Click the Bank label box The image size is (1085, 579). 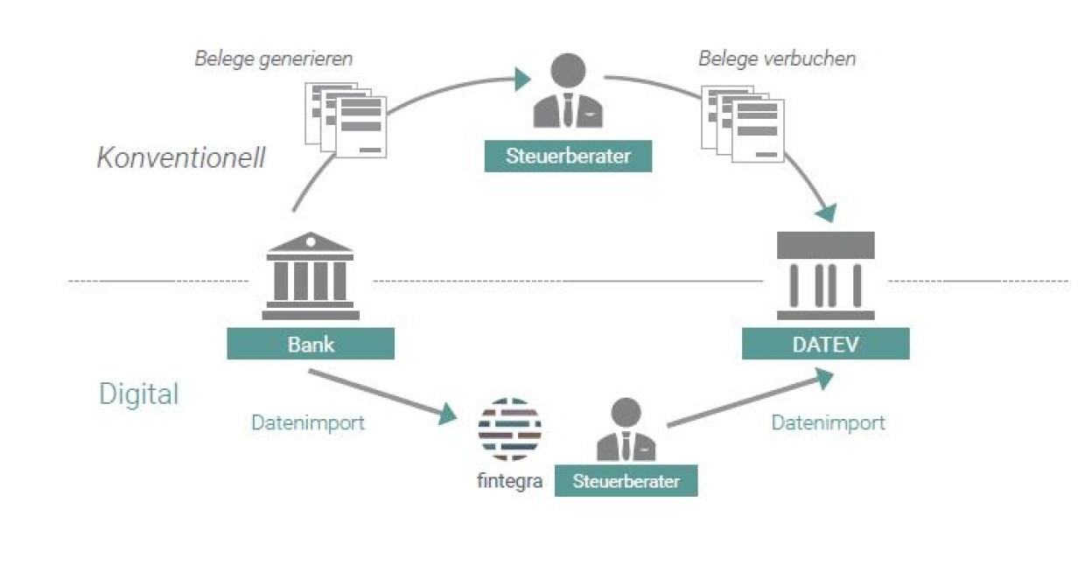[x=311, y=344]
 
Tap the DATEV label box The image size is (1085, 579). [x=825, y=344]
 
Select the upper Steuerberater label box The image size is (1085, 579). [x=568, y=157]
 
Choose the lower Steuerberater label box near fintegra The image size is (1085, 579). [x=626, y=481]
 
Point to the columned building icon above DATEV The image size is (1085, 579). [x=825, y=276]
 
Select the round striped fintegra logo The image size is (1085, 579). [x=509, y=429]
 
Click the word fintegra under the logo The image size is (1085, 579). [x=510, y=481]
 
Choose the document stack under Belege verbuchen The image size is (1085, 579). [x=743, y=122]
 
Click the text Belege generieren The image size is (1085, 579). [x=273, y=59]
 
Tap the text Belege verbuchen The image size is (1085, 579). [x=777, y=59]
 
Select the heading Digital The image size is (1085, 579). [x=138, y=394]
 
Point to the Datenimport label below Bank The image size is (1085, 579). [x=308, y=423]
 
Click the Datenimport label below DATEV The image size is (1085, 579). [x=828, y=423]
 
